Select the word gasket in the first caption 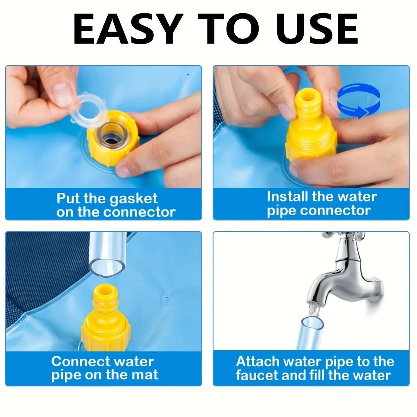point(134,199)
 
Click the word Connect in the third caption point(81,362)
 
